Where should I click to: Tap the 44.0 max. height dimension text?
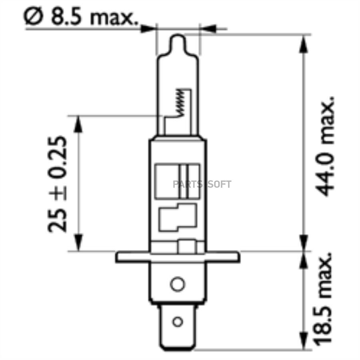324,146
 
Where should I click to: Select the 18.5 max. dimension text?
324,298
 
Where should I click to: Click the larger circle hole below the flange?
177,284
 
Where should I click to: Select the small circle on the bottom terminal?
177,321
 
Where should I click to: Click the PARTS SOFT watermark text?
202,184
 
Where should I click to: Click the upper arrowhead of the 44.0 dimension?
304,44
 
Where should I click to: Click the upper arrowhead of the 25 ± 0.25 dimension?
78,124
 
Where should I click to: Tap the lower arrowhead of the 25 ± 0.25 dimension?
78,242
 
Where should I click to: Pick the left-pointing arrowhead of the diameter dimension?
208,28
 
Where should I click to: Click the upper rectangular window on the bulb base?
177,181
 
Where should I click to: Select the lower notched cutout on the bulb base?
177,218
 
